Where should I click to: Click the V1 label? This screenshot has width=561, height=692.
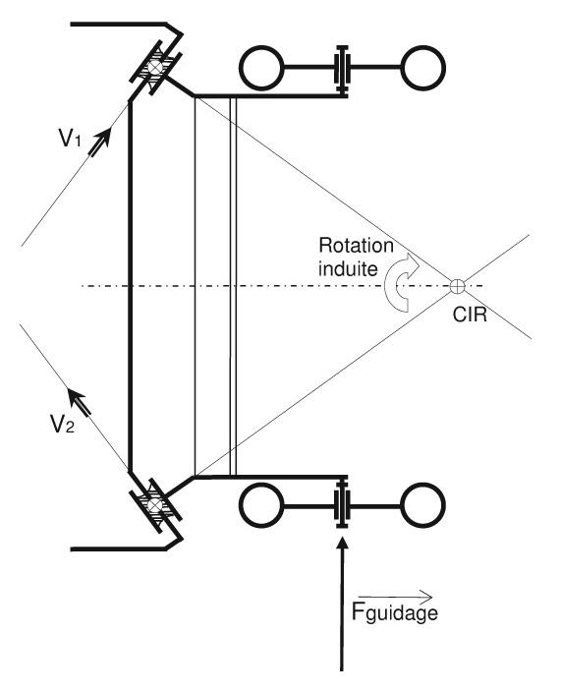[x=70, y=138]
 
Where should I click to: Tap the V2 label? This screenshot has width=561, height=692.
[x=62, y=424]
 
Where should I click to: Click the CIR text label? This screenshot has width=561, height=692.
[x=470, y=316]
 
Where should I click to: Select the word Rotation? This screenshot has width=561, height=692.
[x=356, y=246]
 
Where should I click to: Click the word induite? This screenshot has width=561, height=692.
[x=348, y=268]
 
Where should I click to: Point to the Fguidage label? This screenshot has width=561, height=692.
[x=395, y=611]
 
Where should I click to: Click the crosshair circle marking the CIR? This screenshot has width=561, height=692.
[x=458, y=286]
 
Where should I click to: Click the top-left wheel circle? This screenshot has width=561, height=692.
[x=261, y=68]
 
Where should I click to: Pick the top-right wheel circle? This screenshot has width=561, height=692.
[x=422, y=68]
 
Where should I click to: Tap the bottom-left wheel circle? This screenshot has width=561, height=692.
[x=261, y=505]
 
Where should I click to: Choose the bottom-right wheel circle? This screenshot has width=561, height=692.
[x=422, y=505]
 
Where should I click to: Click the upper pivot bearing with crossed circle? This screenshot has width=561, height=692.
[x=155, y=67]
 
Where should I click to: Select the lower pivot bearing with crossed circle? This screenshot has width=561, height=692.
[x=154, y=505]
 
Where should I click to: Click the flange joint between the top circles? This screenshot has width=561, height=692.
[x=342, y=68]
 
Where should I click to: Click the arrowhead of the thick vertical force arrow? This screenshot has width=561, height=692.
[x=342, y=542]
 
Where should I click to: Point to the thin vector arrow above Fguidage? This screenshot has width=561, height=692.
[x=396, y=597]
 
